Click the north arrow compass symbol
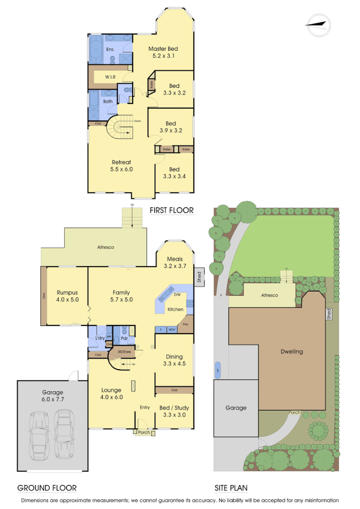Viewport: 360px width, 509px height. pyautogui.click(x=318, y=25)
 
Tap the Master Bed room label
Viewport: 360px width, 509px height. pyautogui.click(x=163, y=49)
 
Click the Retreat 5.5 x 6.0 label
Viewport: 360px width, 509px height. pyautogui.click(x=122, y=166)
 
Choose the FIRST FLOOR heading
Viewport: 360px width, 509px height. pyautogui.click(x=172, y=210)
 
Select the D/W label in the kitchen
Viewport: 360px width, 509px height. pyautogui.click(x=177, y=294)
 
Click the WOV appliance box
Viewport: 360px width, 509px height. pyautogui.click(x=172, y=330)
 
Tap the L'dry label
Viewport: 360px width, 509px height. pyautogui.click(x=100, y=338)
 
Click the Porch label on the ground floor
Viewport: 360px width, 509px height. pyautogui.click(x=144, y=433)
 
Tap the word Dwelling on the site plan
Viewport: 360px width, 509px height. pyautogui.click(x=292, y=351)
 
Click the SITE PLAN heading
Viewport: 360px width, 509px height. pyautogui.click(x=231, y=488)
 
